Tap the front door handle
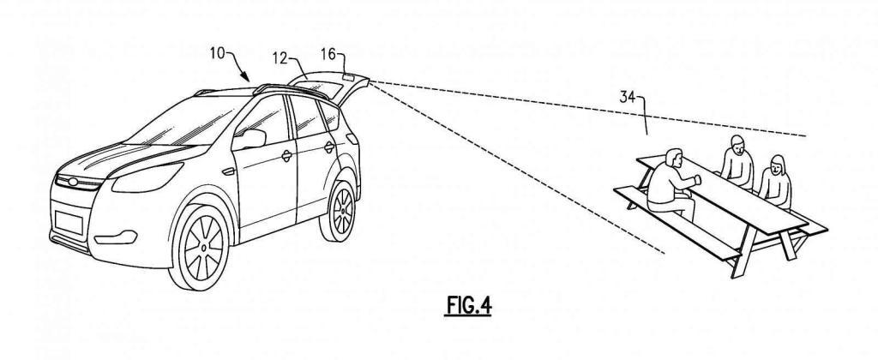(286, 157)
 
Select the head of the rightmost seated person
(778, 164)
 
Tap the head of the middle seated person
(735, 144)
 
